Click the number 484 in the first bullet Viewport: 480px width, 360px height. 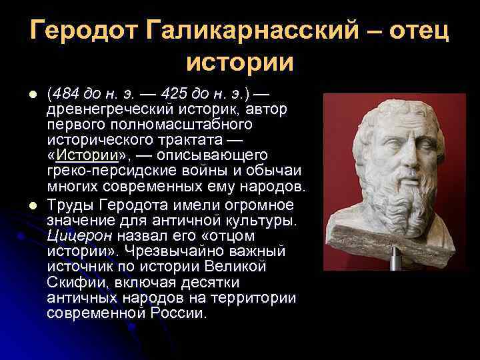point(65,95)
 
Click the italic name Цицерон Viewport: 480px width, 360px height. point(77,236)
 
